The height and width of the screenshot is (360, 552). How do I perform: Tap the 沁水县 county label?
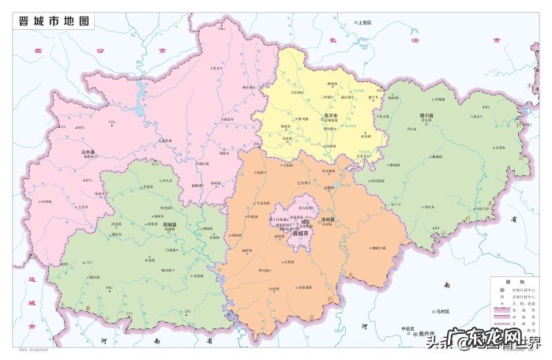(89, 151)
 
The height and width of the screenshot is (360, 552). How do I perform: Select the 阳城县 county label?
(169, 224)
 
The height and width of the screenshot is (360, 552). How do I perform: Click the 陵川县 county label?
(427, 115)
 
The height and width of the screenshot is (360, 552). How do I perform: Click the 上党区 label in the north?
(364, 23)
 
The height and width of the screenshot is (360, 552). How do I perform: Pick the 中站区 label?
(407, 328)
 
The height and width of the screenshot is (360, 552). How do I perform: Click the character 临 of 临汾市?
(36, 49)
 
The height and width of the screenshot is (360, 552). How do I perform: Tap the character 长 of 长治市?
(333, 39)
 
